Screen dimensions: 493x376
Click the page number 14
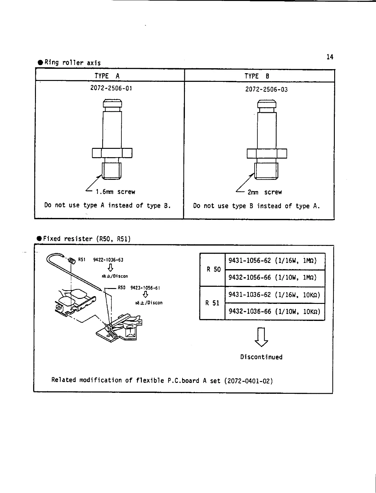pyautogui.click(x=330, y=57)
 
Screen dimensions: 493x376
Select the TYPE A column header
pyautogui.click(x=107, y=76)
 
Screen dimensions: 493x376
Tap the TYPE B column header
pyautogui.click(x=257, y=76)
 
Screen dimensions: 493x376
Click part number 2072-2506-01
pyautogui.click(x=111, y=88)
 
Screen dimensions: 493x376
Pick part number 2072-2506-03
pyautogui.click(x=266, y=90)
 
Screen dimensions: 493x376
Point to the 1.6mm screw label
pyautogui.click(x=115, y=192)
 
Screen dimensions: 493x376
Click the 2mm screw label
pyautogui.click(x=265, y=192)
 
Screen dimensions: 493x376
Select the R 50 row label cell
pyautogui.click(x=213, y=269)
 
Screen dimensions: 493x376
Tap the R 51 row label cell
pyautogui.click(x=212, y=303)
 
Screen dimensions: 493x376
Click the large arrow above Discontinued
pyautogui.click(x=261, y=337)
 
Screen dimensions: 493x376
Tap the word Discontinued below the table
pyautogui.click(x=261, y=357)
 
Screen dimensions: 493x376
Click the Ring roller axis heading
pyautogui.click(x=72, y=63)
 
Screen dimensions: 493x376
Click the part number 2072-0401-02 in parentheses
pyautogui.click(x=248, y=380)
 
